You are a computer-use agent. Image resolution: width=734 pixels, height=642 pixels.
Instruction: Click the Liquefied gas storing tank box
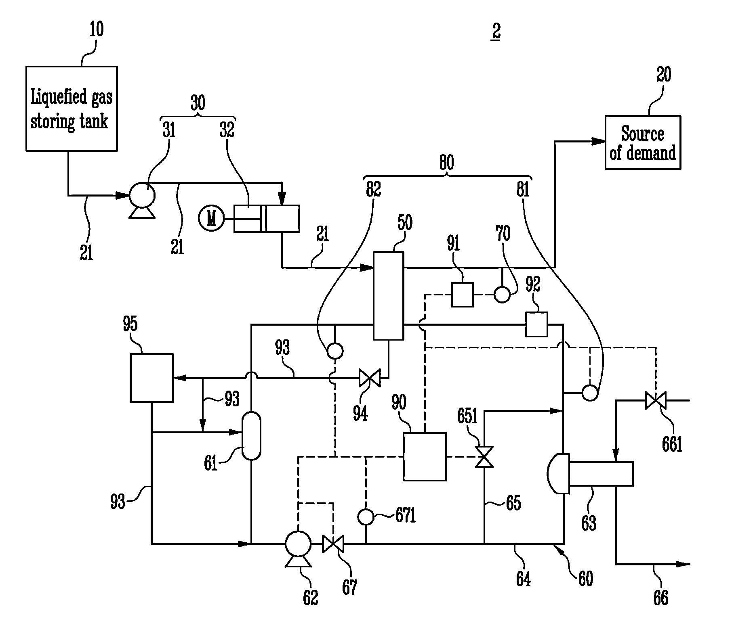[72, 109]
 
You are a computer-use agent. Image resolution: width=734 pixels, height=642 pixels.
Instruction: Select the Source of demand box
[642, 142]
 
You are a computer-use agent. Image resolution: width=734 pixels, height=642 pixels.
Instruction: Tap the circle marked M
[211, 219]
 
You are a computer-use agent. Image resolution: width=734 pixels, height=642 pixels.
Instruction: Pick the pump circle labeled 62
[298, 544]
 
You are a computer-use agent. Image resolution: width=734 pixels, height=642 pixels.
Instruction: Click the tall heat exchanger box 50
[388, 296]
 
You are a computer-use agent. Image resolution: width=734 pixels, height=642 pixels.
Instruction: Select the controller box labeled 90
[425, 456]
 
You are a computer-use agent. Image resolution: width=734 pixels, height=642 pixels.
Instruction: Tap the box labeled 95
[151, 378]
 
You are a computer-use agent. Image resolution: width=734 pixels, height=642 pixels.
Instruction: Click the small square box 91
[462, 295]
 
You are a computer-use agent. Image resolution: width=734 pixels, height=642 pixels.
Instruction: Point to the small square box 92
[536, 324]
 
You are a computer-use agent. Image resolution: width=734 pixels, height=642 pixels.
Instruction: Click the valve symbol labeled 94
[370, 379]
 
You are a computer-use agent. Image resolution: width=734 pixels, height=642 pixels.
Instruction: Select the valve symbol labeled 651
[484, 457]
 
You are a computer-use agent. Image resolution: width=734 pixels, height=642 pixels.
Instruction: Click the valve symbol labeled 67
[333, 544]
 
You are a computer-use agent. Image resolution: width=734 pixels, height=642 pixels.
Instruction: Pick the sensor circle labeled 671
[366, 517]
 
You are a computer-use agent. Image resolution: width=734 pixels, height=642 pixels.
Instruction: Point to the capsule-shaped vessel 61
[251, 435]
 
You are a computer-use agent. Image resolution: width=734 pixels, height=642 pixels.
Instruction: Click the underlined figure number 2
[496, 31]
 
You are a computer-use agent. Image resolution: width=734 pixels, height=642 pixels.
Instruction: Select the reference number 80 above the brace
[446, 162]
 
